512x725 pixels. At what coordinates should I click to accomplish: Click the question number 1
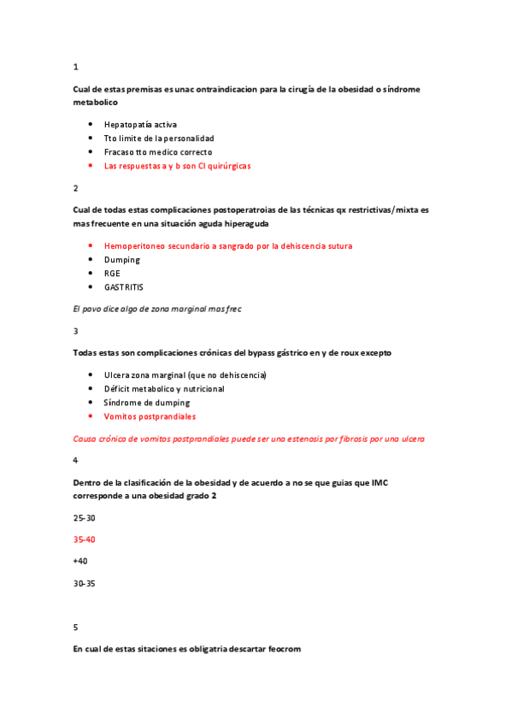click(x=76, y=67)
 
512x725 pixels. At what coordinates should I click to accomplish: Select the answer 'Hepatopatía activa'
click(x=140, y=124)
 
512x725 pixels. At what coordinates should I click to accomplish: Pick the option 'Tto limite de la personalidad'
click(x=159, y=138)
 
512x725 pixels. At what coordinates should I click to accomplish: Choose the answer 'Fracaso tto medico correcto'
click(x=158, y=151)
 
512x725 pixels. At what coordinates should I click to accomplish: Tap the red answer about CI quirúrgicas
click(x=177, y=165)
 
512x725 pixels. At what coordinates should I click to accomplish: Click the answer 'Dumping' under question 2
click(x=122, y=259)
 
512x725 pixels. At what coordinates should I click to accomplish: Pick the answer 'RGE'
click(x=113, y=273)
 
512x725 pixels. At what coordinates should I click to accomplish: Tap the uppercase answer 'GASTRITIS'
click(x=124, y=287)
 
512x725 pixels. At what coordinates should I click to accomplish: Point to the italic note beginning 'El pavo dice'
click(x=157, y=309)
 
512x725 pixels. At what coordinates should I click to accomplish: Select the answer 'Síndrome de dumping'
click(x=147, y=402)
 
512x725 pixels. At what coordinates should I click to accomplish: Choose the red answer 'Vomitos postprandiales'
click(x=150, y=416)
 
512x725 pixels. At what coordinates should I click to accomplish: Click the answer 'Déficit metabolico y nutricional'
click(x=164, y=388)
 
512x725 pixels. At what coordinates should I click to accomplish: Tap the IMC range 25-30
click(x=85, y=518)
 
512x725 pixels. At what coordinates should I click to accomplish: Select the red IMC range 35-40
click(x=85, y=539)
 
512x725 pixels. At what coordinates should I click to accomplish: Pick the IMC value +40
click(x=81, y=561)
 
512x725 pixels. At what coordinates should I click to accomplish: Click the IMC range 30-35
click(x=85, y=583)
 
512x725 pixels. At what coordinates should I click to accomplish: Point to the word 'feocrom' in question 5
click(x=282, y=649)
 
